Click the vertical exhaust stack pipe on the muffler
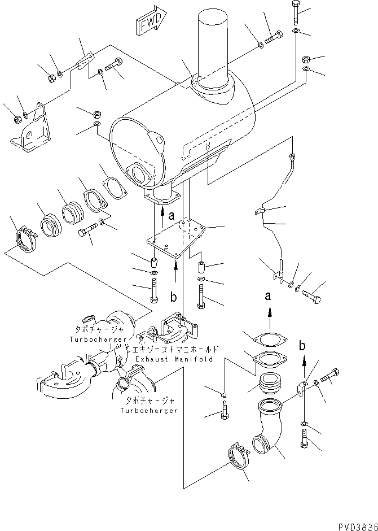point(212,48)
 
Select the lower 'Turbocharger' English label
point(148,410)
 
